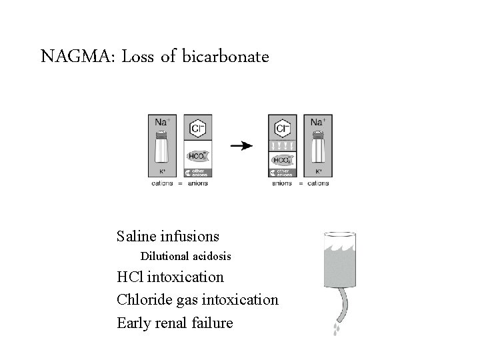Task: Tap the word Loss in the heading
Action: point(139,57)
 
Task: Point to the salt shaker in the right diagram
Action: point(318,147)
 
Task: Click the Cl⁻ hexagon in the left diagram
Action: point(197,127)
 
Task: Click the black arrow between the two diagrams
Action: point(241,146)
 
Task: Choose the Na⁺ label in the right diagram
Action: point(319,121)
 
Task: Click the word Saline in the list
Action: point(137,236)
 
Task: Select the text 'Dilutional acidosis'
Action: point(185,256)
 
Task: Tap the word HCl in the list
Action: point(130,277)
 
